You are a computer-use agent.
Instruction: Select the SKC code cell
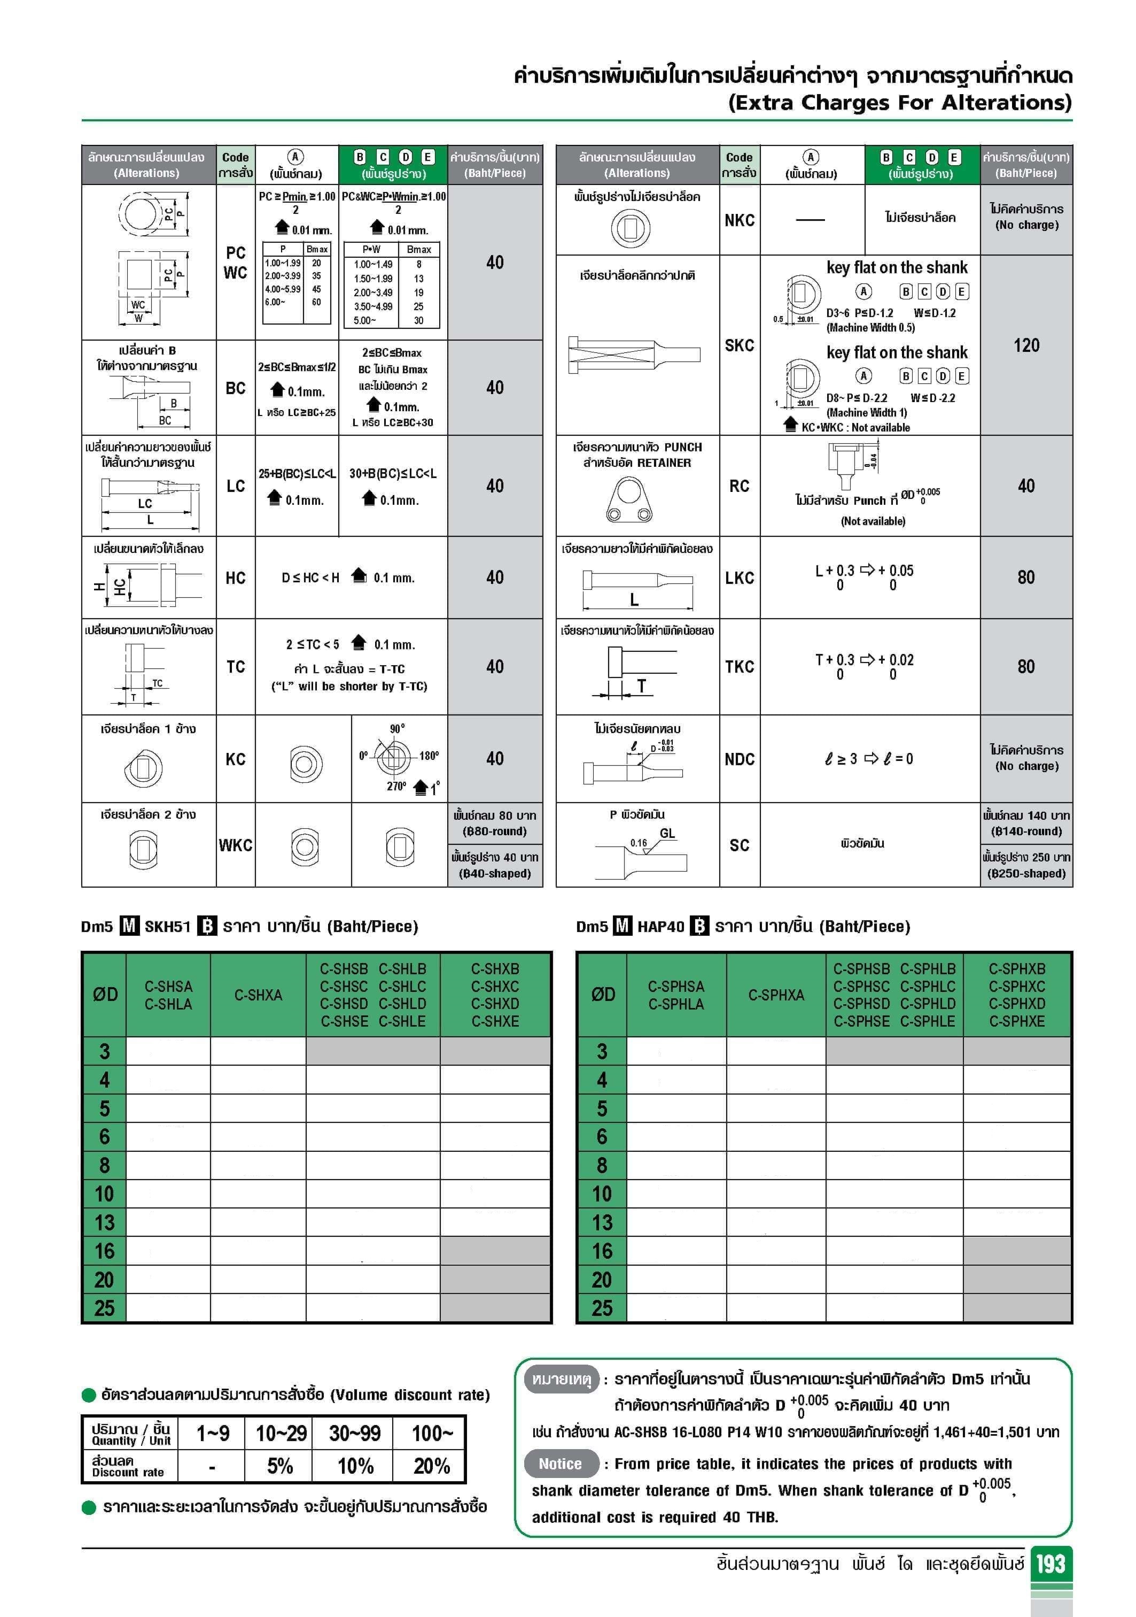(x=739, y=345)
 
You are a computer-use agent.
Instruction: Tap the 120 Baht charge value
(x=1025, y=345)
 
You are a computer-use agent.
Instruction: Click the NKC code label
(x=739, y=220)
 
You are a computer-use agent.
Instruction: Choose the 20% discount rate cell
(x=431, y=1466)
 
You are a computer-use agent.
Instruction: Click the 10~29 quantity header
(x=281, y=1433)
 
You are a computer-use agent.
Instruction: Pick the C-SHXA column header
(x=258, y=995)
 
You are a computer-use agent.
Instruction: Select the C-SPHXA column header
(x=776, y=995)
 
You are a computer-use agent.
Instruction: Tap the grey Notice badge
(x=561, y=1464)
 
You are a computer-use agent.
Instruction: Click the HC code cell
(x=235, y=578)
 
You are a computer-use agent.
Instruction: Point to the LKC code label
(x=739, y=578)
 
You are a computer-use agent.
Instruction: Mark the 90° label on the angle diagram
(x=397, y=729)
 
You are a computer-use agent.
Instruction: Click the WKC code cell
(x=235, y=845)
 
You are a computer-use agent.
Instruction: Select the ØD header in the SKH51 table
(x=105, y=995)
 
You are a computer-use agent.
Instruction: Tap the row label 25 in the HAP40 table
(x=602, y=1308)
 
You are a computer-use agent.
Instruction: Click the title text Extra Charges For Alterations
(x=899, y=103)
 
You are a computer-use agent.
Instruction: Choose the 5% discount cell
(x=280, y=1466)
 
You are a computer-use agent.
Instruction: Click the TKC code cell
(x=739, y=667)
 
